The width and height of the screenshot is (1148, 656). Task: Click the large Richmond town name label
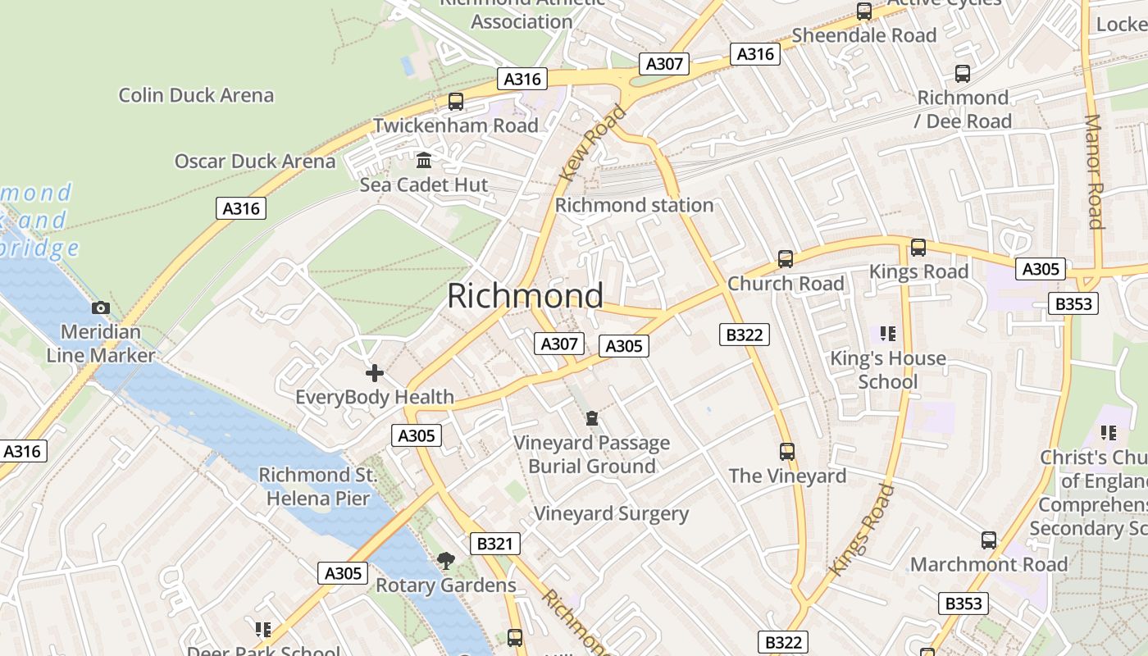click(x=525, y=296)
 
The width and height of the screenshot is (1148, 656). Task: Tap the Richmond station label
click(x=634, y=205)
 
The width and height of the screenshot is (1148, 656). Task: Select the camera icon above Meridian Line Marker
click(x=101, y=307)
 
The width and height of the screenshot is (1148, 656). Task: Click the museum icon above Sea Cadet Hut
click(x=424, y=160)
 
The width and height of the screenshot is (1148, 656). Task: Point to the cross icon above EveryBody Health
click(x=375, y=373)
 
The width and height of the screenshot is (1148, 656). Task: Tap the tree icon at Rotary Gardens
click(x=445, y=561)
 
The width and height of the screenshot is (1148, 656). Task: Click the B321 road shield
click(x=494, y=544)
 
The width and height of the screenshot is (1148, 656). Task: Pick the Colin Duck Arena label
click(x=196, y=95)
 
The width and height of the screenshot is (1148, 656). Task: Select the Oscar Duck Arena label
click(x=255, y=161)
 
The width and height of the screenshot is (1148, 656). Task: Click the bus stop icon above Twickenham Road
click(x=456, y=102)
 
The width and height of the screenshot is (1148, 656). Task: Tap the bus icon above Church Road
click(x=786, y=259)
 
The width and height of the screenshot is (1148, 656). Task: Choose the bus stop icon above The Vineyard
click(x=787, y=451)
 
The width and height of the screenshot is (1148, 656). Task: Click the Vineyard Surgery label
click(x=611, y=514)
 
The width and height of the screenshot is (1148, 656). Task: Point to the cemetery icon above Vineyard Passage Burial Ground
click(x=592, y=418)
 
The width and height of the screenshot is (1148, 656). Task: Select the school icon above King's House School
click(x=887, y=334)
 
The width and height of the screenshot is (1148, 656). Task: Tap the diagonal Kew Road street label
click(x=592, y=143)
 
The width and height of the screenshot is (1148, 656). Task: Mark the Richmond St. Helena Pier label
click(x=317, y=486)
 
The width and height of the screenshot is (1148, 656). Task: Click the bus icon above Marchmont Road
click(x=989, y=540)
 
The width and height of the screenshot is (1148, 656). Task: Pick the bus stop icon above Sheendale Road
click(x=864, y=11)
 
